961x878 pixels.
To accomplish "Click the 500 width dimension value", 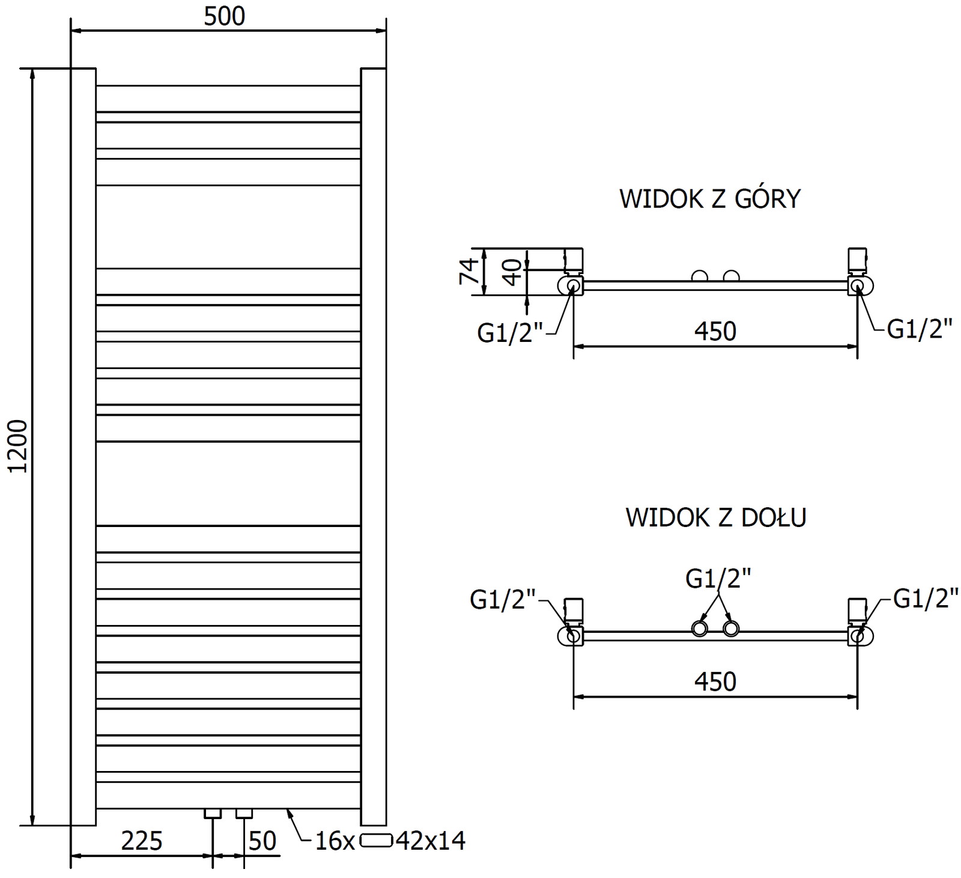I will click(x=224, y=16).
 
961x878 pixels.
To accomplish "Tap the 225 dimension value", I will click(x=142, y=841).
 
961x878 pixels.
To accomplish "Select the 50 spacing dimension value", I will click(x=262, y=841).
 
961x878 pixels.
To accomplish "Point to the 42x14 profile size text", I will click(x=431, y=841).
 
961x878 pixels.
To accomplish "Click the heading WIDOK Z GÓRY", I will click(x=710, y=199).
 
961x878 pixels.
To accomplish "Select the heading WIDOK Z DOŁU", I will click(x=715, y=517).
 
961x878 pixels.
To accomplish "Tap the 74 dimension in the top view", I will click(x=470, y=271).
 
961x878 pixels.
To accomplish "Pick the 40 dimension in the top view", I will click(x=511, y=272).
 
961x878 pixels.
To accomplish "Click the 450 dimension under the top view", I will click(x=715, y=331).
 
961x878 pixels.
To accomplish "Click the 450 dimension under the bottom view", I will click(x=715, y=681).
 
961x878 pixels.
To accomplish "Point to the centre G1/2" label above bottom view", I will click(x=718, y=579).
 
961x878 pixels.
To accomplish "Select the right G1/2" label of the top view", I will click(x=920, y=329).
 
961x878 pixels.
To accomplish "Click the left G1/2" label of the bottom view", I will click(x=503, y=600).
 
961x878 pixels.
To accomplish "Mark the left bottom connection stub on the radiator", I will click(x=213, y=813).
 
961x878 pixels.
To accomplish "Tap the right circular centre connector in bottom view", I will click(x=730, y=629).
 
